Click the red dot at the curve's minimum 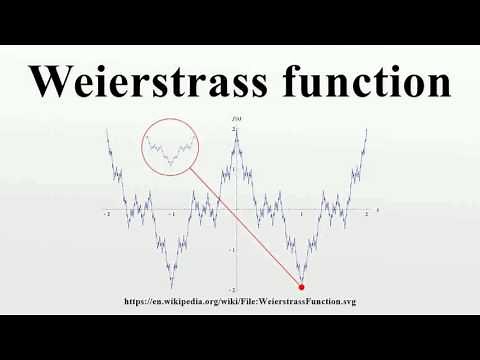click(x=302, y=287)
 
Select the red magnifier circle click(x=171, y=148)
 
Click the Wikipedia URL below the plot click(x=239, y=301)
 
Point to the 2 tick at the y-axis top click(x=232, y=131)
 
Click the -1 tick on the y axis click(x=231, y=250)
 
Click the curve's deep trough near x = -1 click(x=172, y=284)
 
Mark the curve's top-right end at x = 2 click(x=367, y=130)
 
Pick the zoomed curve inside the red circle click(x=170, y=150)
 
